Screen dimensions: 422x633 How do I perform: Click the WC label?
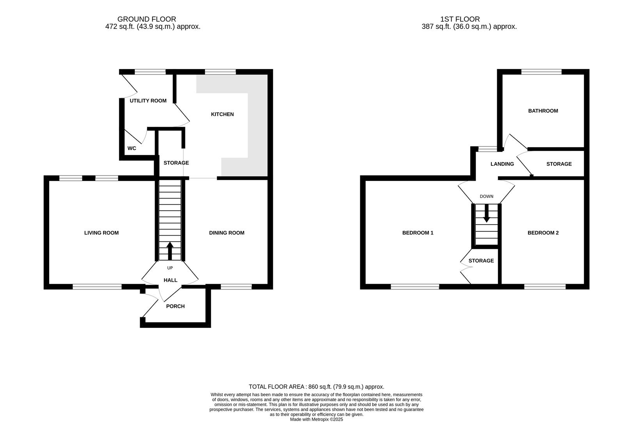point(132,148)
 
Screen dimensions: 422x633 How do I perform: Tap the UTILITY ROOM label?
point(148,101)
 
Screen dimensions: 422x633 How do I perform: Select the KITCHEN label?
point(222,114)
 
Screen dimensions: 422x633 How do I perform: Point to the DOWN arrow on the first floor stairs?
point(486,214)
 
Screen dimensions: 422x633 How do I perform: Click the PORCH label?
point(175,306)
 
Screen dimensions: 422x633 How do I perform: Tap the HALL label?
point(170,280)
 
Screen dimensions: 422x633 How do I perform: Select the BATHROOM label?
point(543,111)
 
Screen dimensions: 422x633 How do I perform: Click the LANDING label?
point(502,164)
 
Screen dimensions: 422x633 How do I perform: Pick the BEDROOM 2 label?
point(543,233)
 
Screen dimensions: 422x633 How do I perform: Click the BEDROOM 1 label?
point(418,233)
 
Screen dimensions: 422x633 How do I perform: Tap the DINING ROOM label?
point(226,233)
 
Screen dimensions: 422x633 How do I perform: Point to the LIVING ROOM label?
point(101,233)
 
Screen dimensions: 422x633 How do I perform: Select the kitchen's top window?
point(220,72)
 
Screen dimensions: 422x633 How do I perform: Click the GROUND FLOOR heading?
point(146,19)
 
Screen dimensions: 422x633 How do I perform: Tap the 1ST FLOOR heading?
point(460,19)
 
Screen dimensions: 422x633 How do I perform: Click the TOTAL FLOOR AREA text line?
point(316,387)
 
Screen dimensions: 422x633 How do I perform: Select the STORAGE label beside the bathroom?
point(558,164)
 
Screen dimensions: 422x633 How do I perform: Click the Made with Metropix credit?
point(316,419)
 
